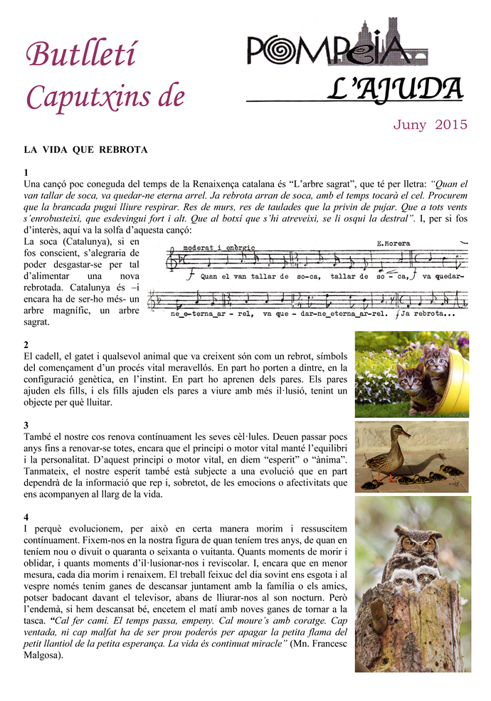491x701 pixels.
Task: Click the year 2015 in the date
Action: pyautogui.click(x=450, y=125)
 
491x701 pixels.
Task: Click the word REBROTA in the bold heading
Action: pyautogui.click(x=124, y=150)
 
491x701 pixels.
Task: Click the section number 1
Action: pyautogui.click(x=26, y=173)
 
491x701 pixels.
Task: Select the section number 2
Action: pyautogui.click(x=26, y=344)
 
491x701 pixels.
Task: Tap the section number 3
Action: pyautogui.click(x=26, y=426)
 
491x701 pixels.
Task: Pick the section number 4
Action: pyautogui.click(x=26, y=517)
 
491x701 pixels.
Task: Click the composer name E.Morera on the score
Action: pyautogui.click(x=392, y=243)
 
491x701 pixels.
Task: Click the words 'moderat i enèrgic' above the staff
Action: pyautogui.click(x=218, y=247)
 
